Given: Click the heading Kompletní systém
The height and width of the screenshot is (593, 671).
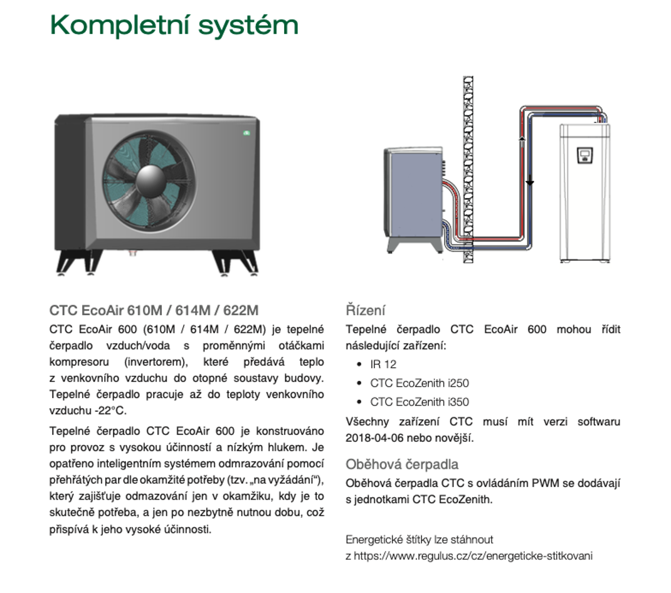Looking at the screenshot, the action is tap(174, 26).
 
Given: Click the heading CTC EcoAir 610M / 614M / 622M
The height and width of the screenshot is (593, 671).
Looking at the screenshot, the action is tap(154, 310).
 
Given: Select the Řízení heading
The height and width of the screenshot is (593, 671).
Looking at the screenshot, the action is tap(365, 310).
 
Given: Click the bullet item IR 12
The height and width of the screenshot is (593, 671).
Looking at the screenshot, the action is tap(383, 364).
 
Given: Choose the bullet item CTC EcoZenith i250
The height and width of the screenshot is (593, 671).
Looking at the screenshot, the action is tap(419, 383).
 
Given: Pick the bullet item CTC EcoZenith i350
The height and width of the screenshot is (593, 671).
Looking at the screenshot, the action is tap(419, 402).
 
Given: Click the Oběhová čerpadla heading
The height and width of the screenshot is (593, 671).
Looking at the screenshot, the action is tap(402, 464).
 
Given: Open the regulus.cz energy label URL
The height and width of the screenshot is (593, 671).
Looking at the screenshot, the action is tap(473, 555).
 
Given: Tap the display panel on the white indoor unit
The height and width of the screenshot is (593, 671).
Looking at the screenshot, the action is tap(584, 155).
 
